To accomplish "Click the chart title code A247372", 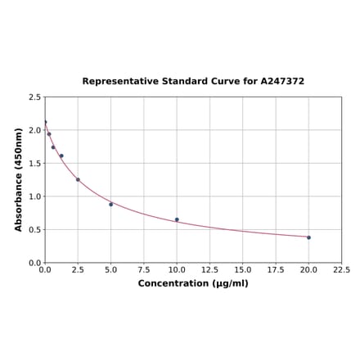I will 279,82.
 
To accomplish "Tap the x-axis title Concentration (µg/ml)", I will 193,283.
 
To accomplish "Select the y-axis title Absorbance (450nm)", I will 19,179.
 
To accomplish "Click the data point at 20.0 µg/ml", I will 308,237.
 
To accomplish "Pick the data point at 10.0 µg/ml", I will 177,219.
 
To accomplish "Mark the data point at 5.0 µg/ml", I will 110,204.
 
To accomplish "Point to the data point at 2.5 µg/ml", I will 78,179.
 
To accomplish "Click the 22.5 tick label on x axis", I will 341,269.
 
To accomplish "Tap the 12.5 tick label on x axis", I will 209,269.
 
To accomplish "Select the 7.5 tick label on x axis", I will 143,269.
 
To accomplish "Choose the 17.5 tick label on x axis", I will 276,269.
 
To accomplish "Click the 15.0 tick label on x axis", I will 242,269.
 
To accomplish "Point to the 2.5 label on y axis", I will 35,97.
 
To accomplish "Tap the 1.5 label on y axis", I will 35,163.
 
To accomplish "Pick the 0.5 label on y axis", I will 35,229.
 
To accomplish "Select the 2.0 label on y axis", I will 35,130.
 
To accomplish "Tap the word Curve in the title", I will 227,82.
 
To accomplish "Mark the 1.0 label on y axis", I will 35,196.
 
